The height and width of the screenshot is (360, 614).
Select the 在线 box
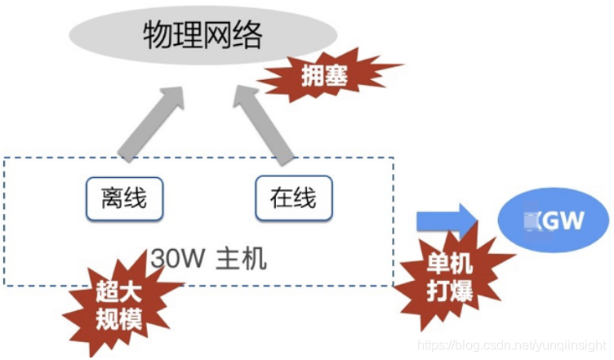pyautogui.click(x=293, y=198)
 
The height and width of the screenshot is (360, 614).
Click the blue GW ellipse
pyautogui.click(x=554, y=220)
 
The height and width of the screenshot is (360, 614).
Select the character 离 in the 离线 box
pyautogui.click(x=112, y=198)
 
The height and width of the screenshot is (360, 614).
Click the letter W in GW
pyautogui.click(x=570, y=220)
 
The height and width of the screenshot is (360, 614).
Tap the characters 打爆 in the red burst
pyautogui.click(x=450, y=291)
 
